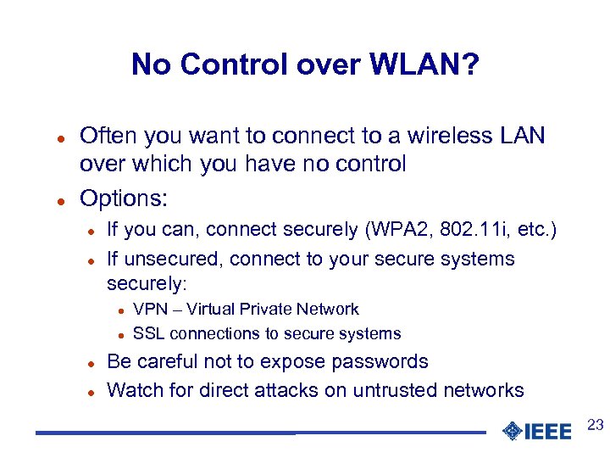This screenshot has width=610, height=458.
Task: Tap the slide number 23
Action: (595, 424)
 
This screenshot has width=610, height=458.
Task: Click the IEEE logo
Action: (536, 431)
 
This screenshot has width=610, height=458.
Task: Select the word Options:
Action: (124, 198)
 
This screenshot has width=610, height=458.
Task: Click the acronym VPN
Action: (151, 310)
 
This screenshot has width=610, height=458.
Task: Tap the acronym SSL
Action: (150, 334)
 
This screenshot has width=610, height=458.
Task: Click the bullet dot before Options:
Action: (62, 200)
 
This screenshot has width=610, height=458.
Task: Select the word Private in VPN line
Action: (266, 310)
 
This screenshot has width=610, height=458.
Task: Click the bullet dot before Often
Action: (62, 137)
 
